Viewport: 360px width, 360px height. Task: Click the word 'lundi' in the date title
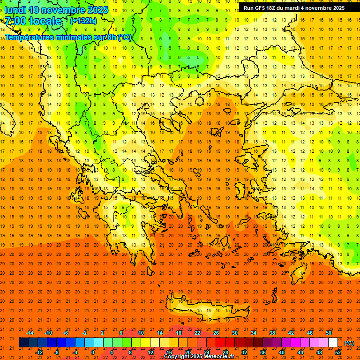tap(15, 10)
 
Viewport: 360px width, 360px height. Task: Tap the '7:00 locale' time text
tap(33, 21)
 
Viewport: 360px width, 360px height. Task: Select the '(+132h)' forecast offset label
tap(83, 21)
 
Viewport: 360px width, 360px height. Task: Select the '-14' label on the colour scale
tap(30, 333)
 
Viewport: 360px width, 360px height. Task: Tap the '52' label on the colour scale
tap(338, 352)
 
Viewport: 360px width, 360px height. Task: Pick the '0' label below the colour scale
tap(93, 352)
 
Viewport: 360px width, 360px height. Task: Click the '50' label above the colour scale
tap(328, 333)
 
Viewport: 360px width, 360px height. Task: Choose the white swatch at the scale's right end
tap(333, 343)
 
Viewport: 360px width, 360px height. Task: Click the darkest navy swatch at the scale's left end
tap(23, 343)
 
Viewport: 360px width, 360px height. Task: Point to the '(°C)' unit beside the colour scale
tap(349, 343)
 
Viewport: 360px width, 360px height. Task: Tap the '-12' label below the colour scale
tap(39, 352)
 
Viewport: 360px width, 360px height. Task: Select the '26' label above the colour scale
tap(216, 333)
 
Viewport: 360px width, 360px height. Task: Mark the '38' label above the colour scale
tap(272, 333)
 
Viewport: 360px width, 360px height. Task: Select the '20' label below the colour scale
tap(187, 352)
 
